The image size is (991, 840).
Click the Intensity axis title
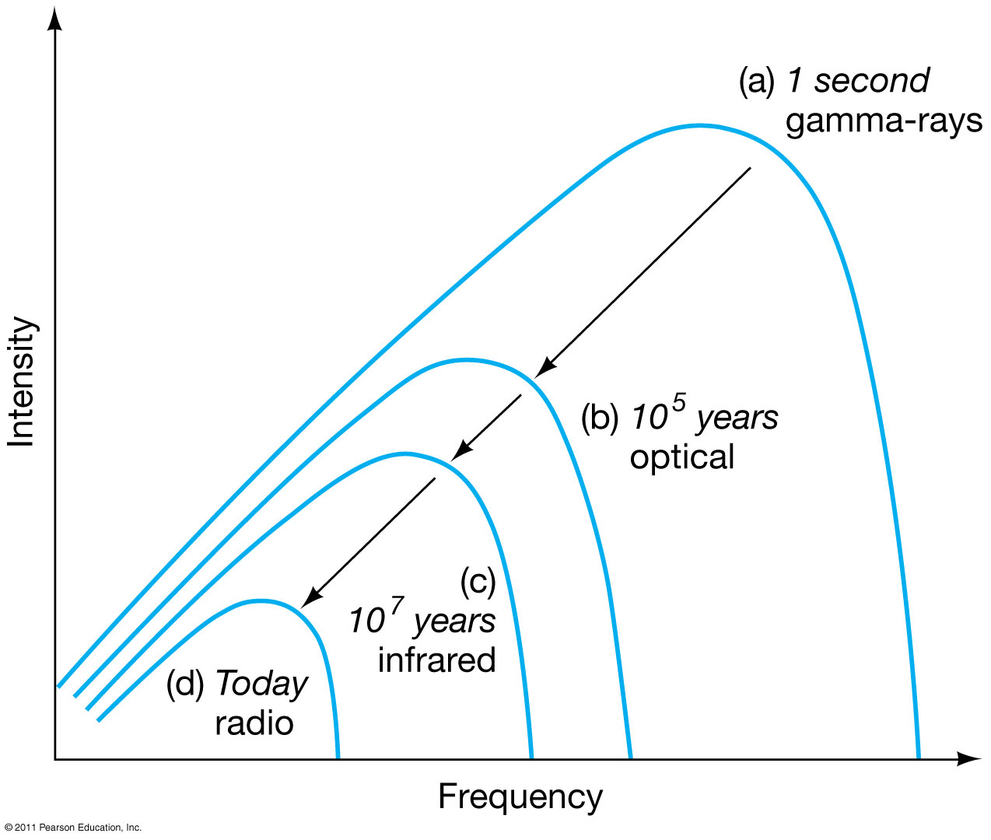21,382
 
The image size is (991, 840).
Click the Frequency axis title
520,798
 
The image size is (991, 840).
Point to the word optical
681,457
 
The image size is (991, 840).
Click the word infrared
436,660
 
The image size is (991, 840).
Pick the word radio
254,723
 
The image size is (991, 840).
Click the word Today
262,684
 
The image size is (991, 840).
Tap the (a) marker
757,81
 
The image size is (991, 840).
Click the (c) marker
478,582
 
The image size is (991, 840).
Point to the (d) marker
185,684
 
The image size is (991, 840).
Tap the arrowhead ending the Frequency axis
968,759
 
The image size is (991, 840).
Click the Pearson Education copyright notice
73,828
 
